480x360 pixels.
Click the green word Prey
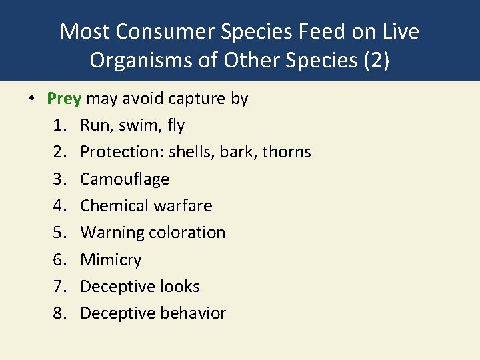(64, 99)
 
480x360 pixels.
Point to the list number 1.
(59, 125)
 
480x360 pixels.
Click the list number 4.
(59, 206)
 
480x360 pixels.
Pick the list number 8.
(59, 313)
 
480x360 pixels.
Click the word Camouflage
(125, 179)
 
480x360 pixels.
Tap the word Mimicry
(111, 260)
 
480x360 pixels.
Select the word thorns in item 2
(287, 152)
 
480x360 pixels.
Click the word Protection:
(122, 152)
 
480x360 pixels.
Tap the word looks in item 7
(179, 287)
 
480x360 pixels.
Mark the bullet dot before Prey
(31, 99)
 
